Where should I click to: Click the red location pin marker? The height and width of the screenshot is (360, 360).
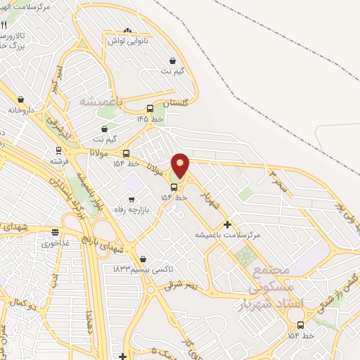(x=180, y=165)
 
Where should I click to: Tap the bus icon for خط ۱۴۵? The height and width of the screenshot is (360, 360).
(x=150, y=109)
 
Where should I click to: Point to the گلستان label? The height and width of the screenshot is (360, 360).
(x=176, y=103)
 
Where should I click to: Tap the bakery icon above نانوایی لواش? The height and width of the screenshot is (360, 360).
(x=127, y=30)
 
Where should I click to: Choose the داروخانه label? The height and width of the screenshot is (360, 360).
(x=22, y=110)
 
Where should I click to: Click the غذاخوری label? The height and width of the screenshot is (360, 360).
(x=55, y=243)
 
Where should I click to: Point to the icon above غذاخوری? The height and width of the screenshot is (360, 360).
(x=55, y=232)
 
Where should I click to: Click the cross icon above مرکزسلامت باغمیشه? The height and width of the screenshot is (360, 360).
(x=227, y=224)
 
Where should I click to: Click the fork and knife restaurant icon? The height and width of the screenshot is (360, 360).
(x=4, y=25)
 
